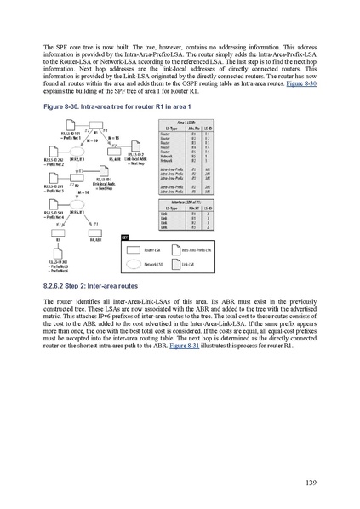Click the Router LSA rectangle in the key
(140, 251)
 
